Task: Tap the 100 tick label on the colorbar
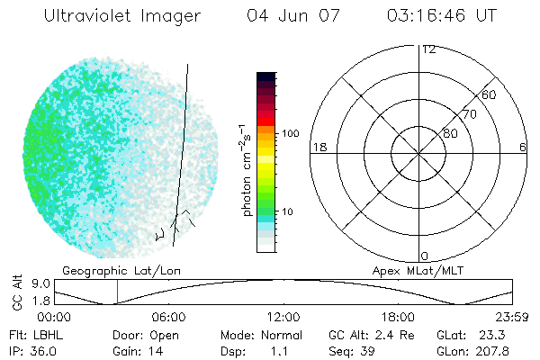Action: click(289, 133)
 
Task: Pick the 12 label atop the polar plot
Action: click(427, 49)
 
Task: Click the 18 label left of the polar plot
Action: click(318, 147)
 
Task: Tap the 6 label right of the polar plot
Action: click(522, 147)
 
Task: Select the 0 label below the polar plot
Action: click(425, 256)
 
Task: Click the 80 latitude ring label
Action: click(449, 134)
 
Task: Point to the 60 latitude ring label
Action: click(490, 94)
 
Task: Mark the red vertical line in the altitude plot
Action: click(117, 292)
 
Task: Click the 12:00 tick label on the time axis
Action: click(283, 317)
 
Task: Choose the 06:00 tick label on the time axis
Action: click(169, 317)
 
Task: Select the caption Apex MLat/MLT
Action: click(414, 269)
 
